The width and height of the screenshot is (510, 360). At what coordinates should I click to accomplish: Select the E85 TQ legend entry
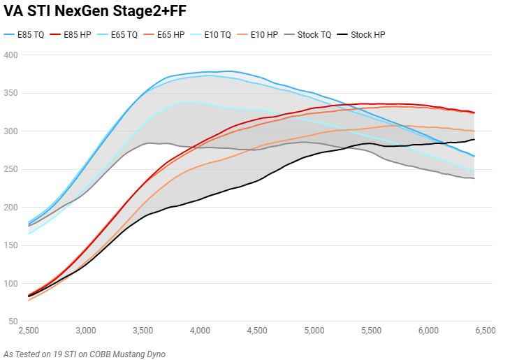click(24, 34)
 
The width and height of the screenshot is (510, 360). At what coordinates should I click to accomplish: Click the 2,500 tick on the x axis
click(29, 330)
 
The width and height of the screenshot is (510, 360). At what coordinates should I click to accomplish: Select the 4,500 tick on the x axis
click(256, 330)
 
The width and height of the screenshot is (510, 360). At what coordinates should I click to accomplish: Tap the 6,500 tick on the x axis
click(484, 330)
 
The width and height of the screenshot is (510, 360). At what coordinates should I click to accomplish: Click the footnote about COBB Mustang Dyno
click(84, 354)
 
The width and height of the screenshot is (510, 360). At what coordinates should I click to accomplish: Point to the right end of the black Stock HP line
click(474, 139)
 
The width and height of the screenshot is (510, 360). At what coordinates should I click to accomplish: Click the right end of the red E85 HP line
click(474, 113)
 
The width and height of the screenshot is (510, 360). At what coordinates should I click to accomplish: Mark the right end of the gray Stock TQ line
click(474, 178)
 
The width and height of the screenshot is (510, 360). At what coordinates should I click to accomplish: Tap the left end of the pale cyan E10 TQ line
click(29, 233)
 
